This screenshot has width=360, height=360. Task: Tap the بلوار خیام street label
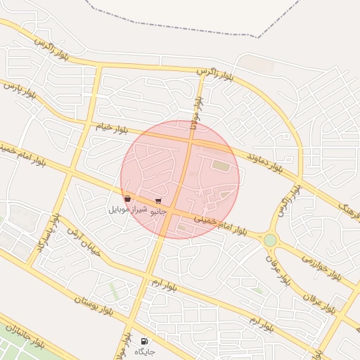[112, 127]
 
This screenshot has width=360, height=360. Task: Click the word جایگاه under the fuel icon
[144, 351]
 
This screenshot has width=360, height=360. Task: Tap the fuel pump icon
[145, 340]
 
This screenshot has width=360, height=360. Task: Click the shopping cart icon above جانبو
[157, 201]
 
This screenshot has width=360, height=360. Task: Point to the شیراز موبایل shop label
[128, 210]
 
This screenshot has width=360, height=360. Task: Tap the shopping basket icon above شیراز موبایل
[127, 200]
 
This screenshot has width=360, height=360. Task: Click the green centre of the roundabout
[270, 240]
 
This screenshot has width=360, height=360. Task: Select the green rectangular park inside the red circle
[221, 166]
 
